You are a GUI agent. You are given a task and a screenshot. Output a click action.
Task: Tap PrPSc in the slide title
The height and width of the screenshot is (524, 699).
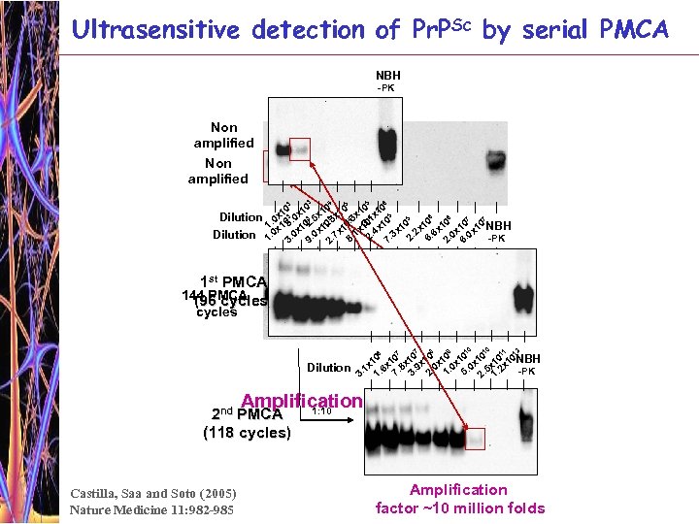click(x=425, y=29)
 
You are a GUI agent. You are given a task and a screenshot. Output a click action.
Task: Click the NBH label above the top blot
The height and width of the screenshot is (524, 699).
click(x=387, y=76)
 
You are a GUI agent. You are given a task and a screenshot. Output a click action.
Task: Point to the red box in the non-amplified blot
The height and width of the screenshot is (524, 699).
click(x=299, y=148)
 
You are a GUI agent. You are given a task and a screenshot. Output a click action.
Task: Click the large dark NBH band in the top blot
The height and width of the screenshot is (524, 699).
click(x=387, y=146)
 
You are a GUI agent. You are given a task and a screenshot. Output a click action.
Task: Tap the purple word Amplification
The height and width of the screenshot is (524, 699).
click(x=301, y=401)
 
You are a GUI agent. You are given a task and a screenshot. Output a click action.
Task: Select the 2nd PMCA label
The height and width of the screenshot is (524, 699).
click(x=247, y=415)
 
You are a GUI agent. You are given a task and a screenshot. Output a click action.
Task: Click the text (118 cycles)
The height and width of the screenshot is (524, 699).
click(x=247, y=433)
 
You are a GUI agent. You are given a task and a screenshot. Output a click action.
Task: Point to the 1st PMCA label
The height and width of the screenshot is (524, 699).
click(x=233, y=282)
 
